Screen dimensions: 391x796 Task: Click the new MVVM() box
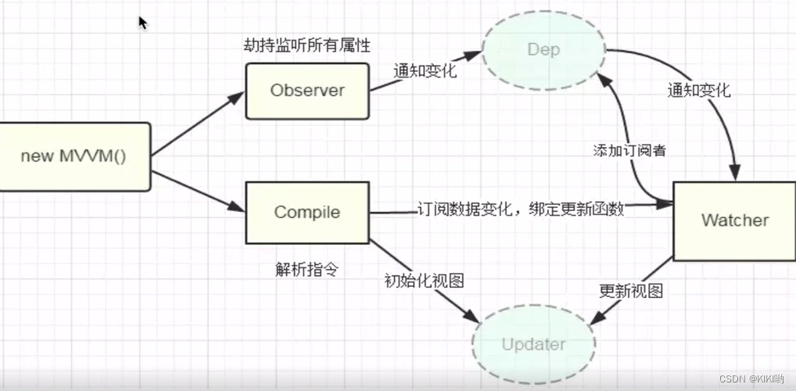tap(74, 156)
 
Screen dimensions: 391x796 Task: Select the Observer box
tap(307, 91)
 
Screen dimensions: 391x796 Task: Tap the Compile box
tap(307, 212)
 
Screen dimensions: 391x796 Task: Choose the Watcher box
tap(734, 221)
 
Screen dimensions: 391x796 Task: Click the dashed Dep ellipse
tap(543, 49)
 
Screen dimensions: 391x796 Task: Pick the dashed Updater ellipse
tap(534, 344)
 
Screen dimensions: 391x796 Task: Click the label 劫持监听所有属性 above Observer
tap(307, 45)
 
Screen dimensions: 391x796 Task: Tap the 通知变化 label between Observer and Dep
tap(425, 70)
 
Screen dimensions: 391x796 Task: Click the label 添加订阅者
tap(629, 151)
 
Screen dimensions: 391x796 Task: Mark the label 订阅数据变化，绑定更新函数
tap(521, 210)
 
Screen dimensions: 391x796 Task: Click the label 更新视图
tap(631, 291)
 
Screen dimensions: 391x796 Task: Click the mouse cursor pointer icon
tap(142, 22)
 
